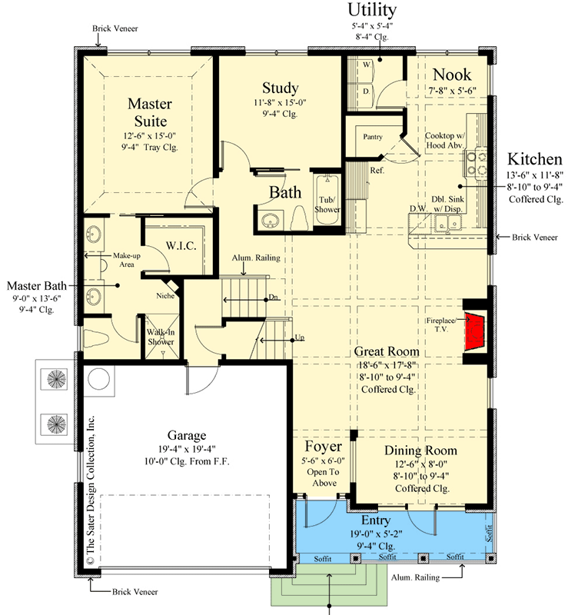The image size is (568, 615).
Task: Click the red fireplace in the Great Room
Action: click(477, 328)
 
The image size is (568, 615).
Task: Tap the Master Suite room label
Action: click(149, 112)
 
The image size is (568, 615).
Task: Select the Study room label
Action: click(280, 88)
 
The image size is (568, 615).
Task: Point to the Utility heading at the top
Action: click(372, 10)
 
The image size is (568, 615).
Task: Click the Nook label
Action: click(452, 75)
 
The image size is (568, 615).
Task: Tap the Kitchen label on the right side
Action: click(534, 159)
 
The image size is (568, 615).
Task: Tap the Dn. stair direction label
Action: click(273, 298)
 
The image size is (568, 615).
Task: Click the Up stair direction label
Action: click(298, 337)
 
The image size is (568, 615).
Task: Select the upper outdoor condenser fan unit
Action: click(57, 379)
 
